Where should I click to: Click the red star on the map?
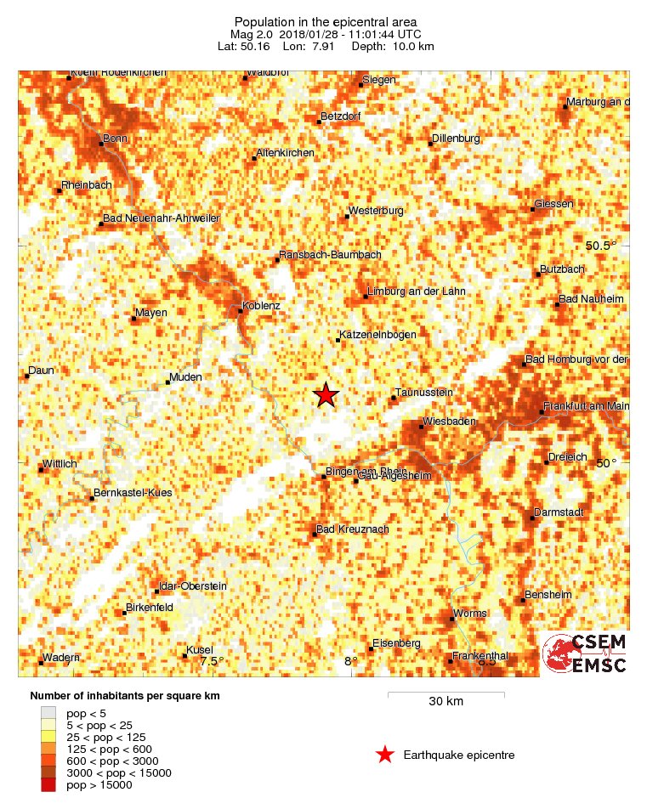point(326,395)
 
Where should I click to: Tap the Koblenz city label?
point(261,304)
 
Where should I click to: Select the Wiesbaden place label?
point(451,421)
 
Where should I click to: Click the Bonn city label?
point(114,138)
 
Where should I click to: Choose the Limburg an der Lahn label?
point(416,291)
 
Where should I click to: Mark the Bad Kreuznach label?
point(352,529)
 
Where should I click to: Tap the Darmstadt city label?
point(559,512)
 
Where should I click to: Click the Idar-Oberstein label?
point(191,586)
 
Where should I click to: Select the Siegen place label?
point(378,80)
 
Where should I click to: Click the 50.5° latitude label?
point(602,246)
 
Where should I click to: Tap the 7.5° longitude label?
point(213,661)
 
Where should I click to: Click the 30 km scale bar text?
point(446,702)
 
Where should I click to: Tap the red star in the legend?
point(385,755)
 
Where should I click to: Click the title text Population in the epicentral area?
point(325,21)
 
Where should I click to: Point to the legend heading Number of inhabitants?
point(125,696)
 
